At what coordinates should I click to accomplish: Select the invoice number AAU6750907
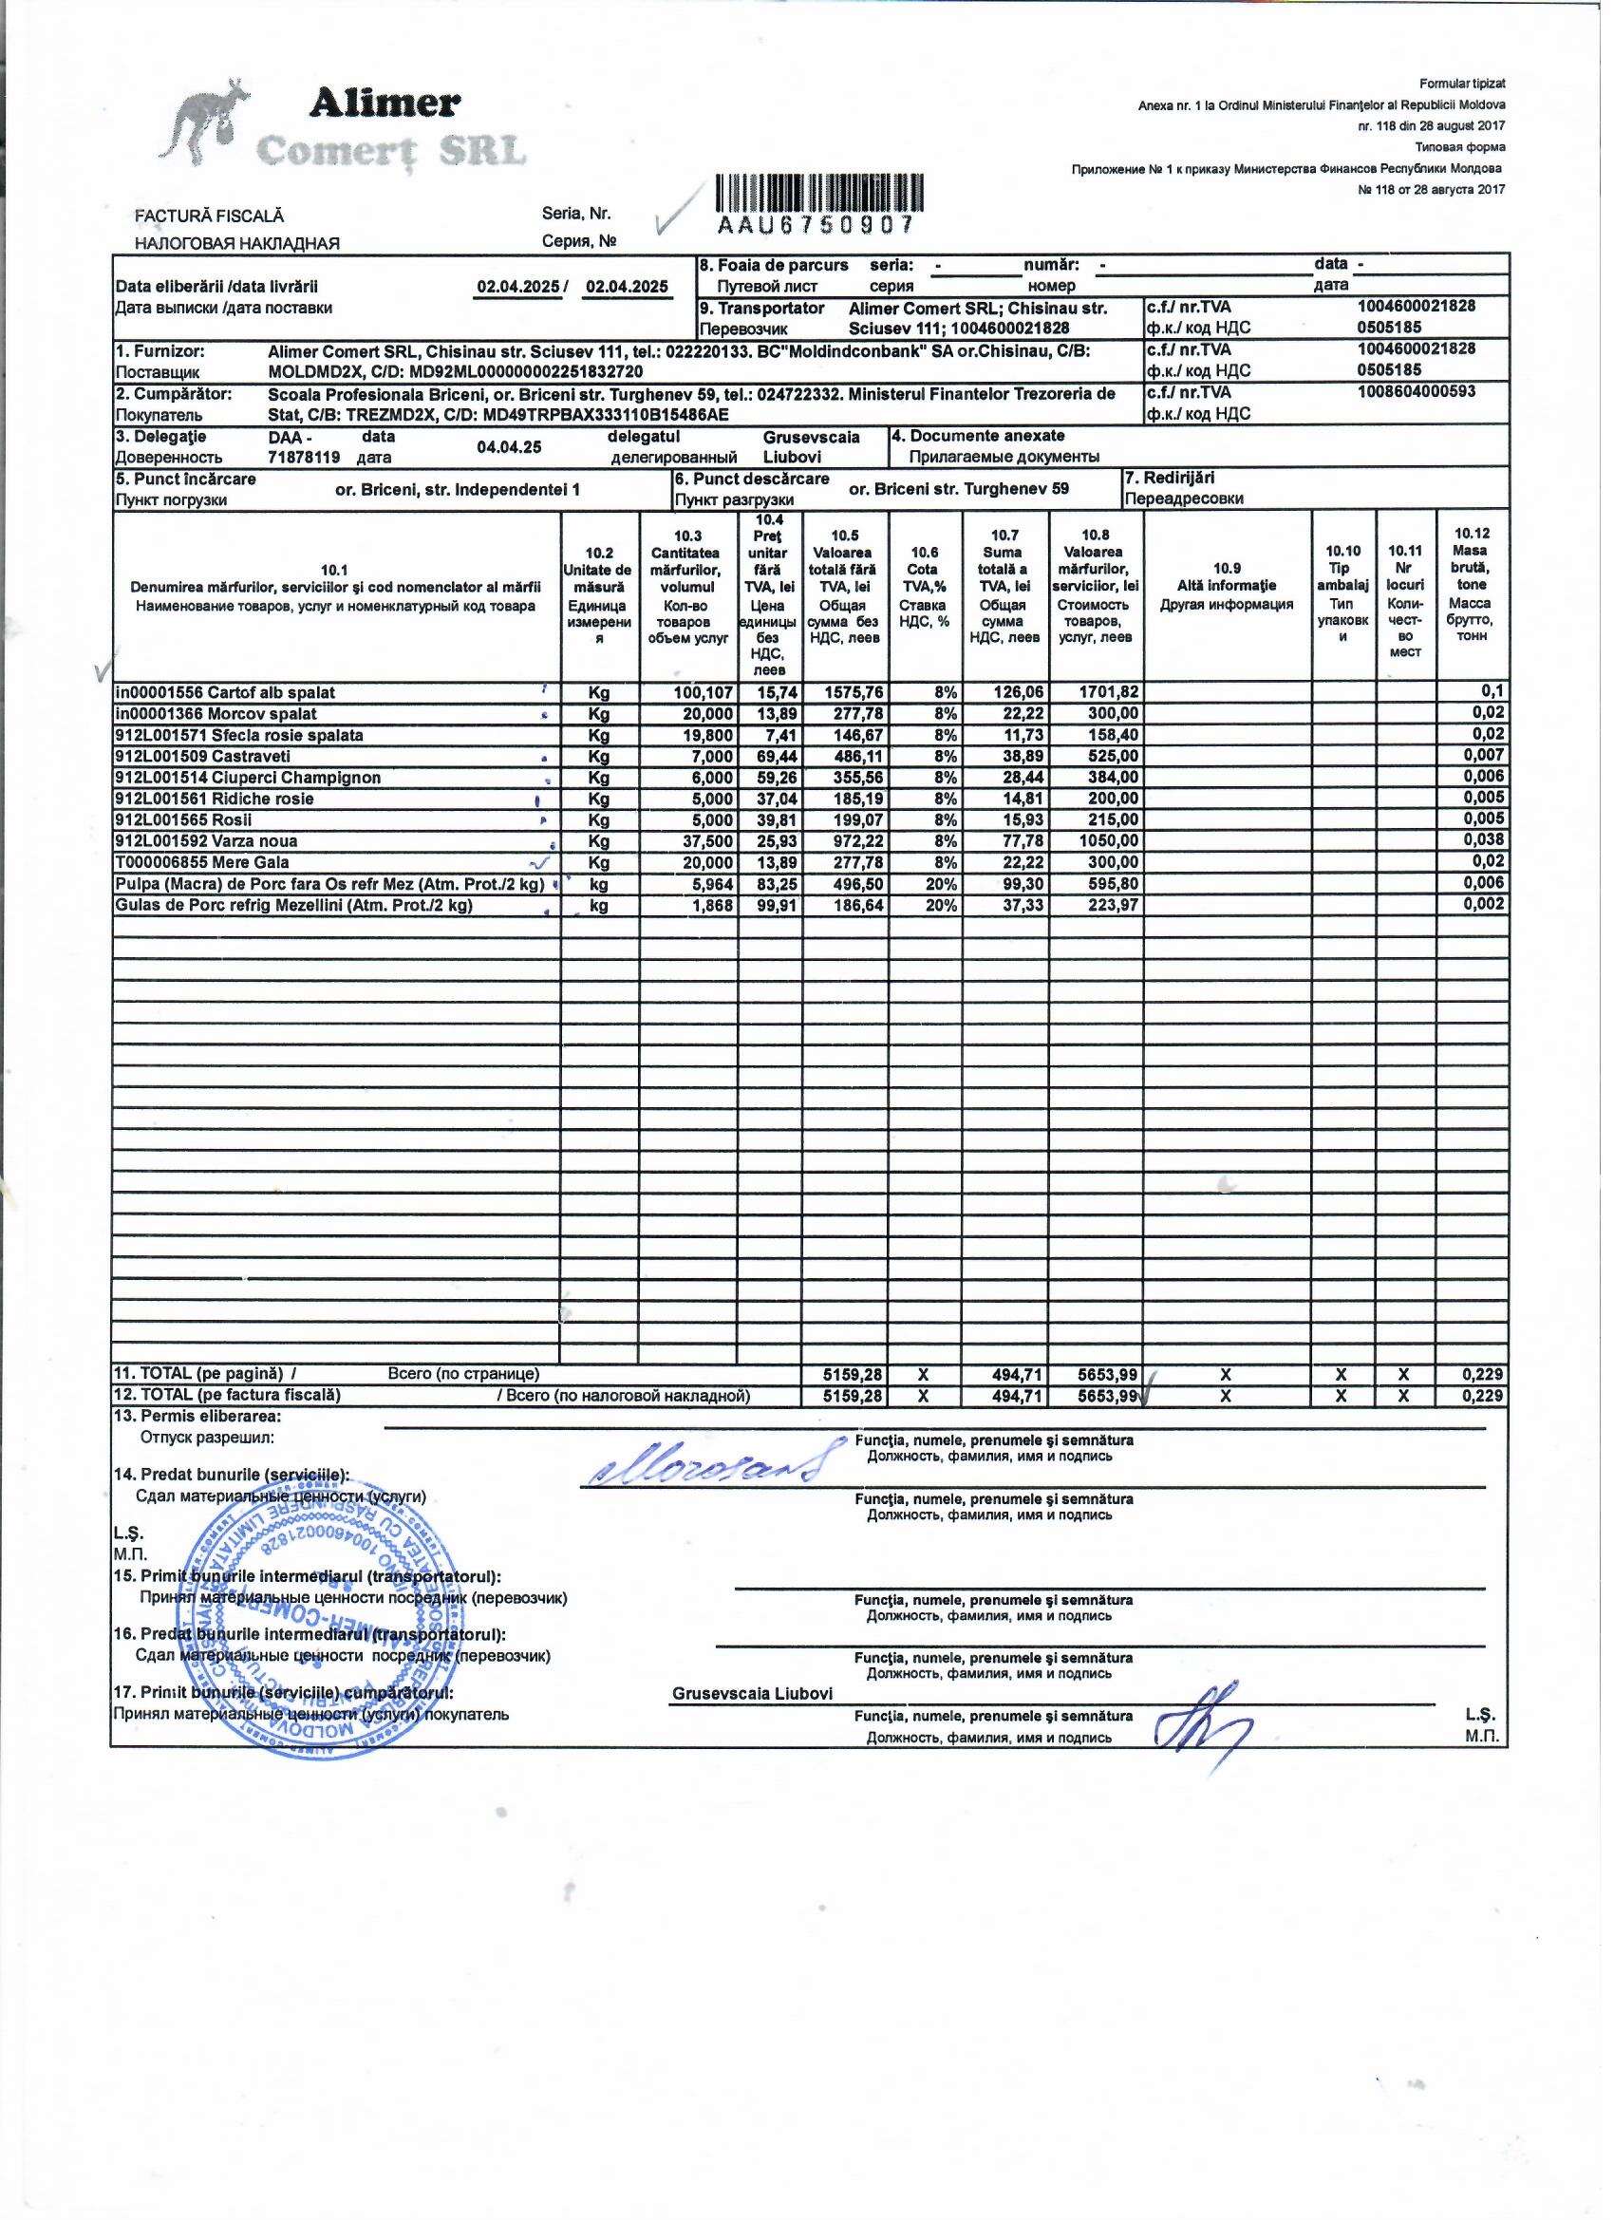[816, 225]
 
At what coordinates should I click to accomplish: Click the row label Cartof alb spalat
[226, 693]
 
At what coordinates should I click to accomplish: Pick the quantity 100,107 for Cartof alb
[703, 693]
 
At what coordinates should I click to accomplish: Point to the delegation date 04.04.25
[510, 447]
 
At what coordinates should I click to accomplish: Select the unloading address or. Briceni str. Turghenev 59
[958, 489]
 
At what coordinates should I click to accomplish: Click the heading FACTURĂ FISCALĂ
[210, 216]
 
